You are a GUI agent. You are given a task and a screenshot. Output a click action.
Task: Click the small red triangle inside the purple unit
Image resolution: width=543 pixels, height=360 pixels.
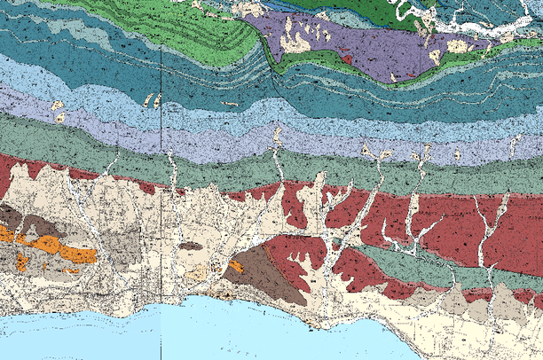click(x=348, y=59)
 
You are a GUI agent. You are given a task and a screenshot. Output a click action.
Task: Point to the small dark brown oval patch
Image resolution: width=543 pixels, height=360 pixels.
click(x=191, y=246)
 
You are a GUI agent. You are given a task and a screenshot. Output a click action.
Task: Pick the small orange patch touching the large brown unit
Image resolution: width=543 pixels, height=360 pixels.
click(x=237, y=265)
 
